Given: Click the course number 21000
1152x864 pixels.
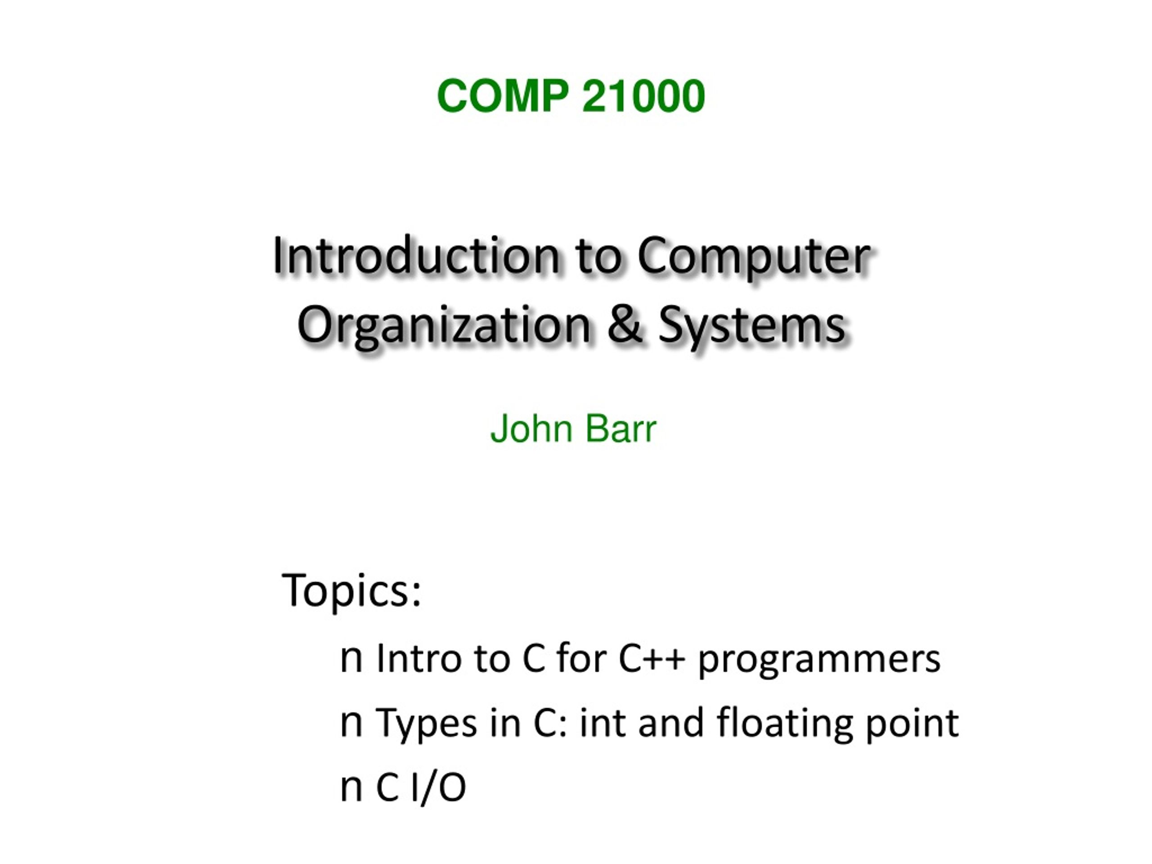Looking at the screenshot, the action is (x=643, y=96).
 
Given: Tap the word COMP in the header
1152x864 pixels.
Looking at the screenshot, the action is (x=503, y=96).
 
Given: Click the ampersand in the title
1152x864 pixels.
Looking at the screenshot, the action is (x=625, y=324).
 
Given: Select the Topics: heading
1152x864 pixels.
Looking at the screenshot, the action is (x=351, y=590).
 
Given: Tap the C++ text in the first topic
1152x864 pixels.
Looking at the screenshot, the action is (x=652, y=659).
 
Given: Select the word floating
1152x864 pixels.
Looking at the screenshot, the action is (x=785, y=724).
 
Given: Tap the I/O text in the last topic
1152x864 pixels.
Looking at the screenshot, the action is (x=438, y=787).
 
